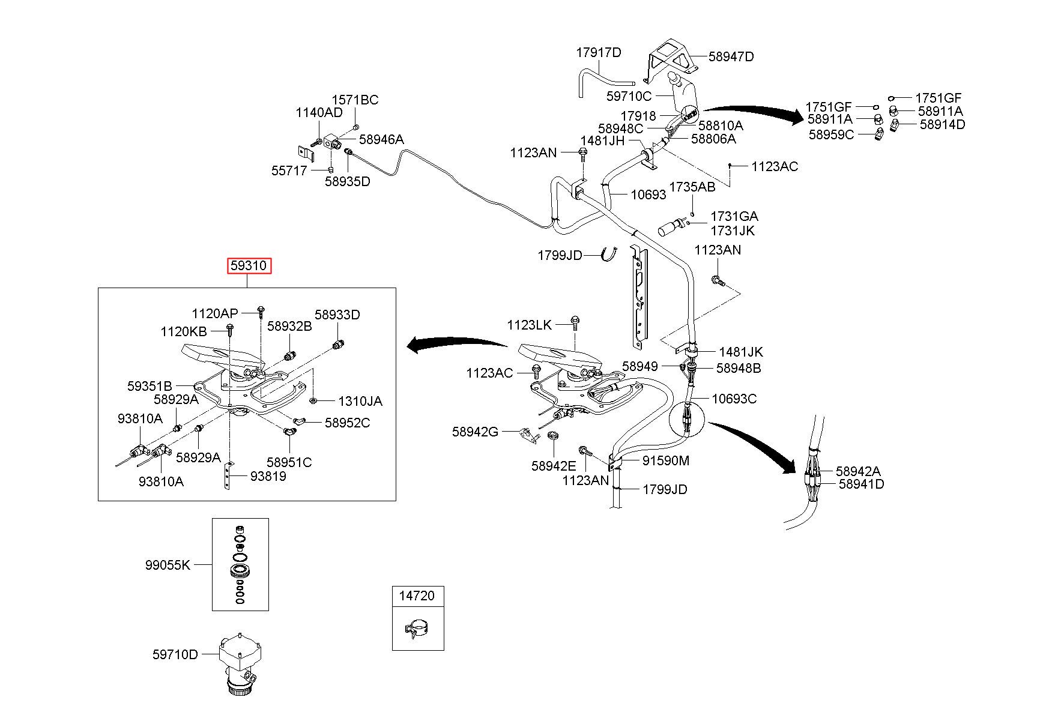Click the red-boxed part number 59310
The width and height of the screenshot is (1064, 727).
pos(249,266)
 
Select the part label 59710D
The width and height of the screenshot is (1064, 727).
pos(175,654)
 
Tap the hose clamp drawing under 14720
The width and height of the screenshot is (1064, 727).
pos(419,631)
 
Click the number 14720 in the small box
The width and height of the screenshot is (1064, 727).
pos(418,596)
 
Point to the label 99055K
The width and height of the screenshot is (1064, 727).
pos(168,565)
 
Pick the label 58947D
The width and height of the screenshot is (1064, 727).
pos(731,56)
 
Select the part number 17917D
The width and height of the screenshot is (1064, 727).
pos(599,52)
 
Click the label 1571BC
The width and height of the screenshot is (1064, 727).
pos(355,100)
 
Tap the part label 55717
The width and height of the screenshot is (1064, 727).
pos(289,170)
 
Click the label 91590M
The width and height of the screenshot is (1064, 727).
pos(666,460)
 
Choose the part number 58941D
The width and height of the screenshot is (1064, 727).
pos(861,484)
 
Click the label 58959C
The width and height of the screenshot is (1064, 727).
pos(831,134)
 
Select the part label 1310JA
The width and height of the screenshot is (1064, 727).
pos(360,401)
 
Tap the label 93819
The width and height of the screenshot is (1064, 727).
pos(268,477)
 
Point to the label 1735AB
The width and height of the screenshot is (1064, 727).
pos(692,187)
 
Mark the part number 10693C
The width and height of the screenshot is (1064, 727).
pos(734,399)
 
